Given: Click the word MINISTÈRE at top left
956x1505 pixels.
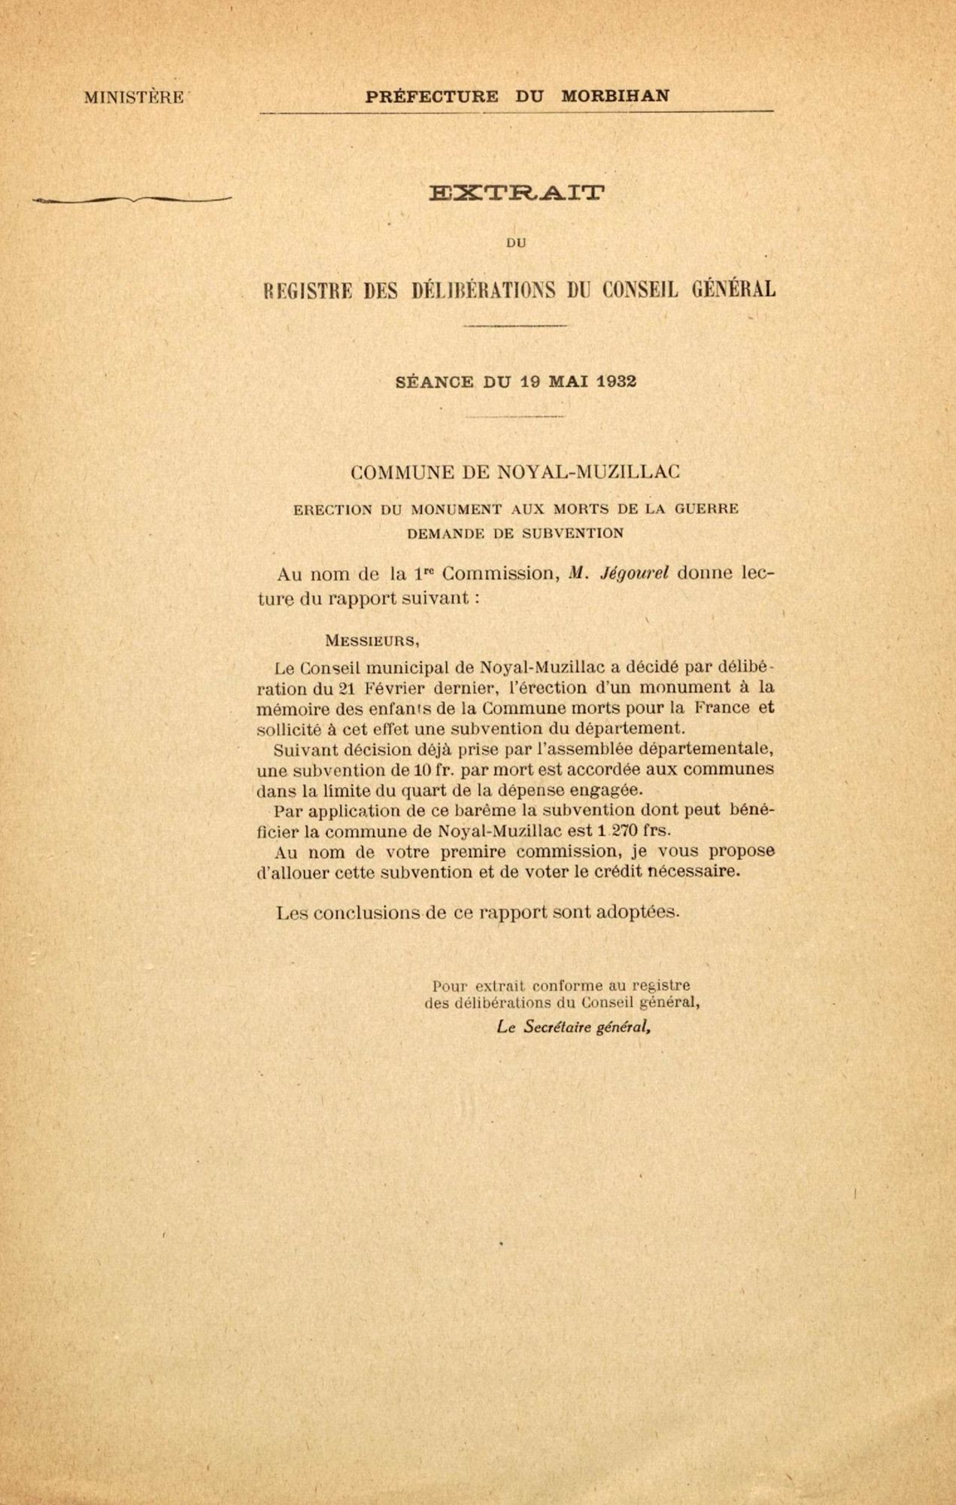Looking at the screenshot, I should click(134, 98).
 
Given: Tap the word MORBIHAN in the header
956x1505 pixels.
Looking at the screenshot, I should click(615, 96).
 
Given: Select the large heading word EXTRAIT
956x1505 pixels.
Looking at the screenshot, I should click(515, 193).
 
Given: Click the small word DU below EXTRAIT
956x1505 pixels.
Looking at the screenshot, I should click(516, 243).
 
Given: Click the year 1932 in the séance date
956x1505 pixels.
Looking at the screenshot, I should click(616, 381).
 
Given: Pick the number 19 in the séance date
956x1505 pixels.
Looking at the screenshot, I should click(530, 381).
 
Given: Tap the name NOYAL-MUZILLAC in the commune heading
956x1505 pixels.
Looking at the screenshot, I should click(586, 473).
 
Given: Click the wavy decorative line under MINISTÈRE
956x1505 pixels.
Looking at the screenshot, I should click(132, 200).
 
